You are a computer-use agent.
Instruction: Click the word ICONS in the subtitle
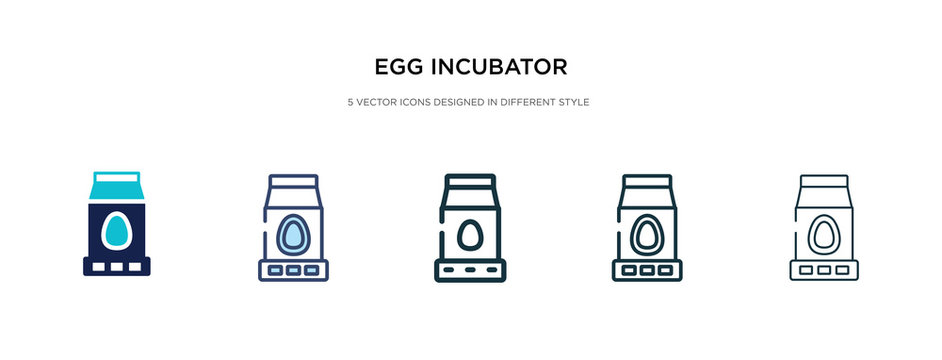point(419,102)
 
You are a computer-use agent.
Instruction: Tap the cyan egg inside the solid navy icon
point(116,231)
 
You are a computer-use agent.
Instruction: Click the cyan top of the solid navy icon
point(116,187)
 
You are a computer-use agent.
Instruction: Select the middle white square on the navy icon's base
point(116,268)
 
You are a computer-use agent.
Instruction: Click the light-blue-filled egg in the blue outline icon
point(294,233)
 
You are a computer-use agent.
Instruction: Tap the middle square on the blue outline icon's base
point(294,269)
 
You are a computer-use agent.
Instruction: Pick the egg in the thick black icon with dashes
point(471,236)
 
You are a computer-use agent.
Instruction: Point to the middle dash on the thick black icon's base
point(471,270)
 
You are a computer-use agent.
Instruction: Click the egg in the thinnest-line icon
point(824,234)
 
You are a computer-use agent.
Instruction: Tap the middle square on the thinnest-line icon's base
point(824,269)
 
